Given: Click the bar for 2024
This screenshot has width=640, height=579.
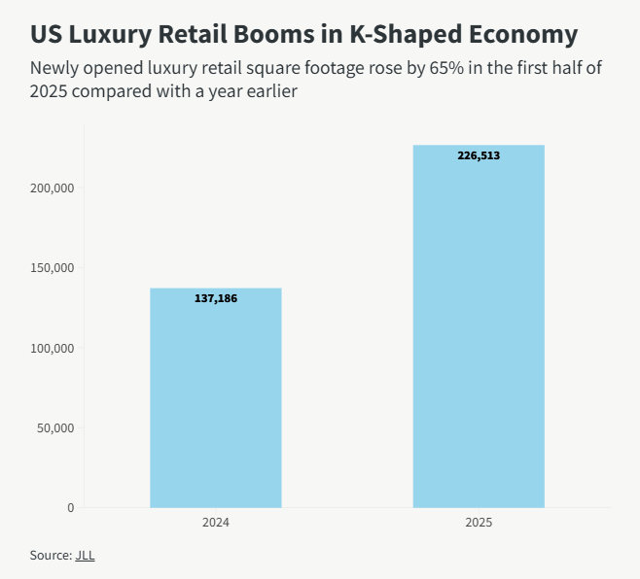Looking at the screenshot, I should coord(215,397).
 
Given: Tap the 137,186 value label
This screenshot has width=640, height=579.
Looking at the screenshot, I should coord(215,298).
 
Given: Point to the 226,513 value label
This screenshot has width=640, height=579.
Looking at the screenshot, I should coord(479,155).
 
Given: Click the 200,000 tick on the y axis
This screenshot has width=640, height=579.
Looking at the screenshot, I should coord(54,188).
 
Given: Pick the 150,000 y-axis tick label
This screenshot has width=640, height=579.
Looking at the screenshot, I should coord(54,268).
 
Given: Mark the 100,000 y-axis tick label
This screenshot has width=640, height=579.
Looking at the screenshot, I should coord(54,348).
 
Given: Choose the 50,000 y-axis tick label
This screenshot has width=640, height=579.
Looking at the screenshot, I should coord(57,427).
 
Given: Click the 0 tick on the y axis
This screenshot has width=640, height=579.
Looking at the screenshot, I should coord(71,507).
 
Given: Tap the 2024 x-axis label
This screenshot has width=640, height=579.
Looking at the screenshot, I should coord(215,523).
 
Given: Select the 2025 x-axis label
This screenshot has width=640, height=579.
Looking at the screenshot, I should coord(479,523).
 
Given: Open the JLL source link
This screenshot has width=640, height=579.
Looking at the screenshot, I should coord(85,556).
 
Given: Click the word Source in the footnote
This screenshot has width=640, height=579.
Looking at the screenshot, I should coord(51,556).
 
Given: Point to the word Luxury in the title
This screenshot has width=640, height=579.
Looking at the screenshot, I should coord(116,35).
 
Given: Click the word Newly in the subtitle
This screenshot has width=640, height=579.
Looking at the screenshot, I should coord(54,69).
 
